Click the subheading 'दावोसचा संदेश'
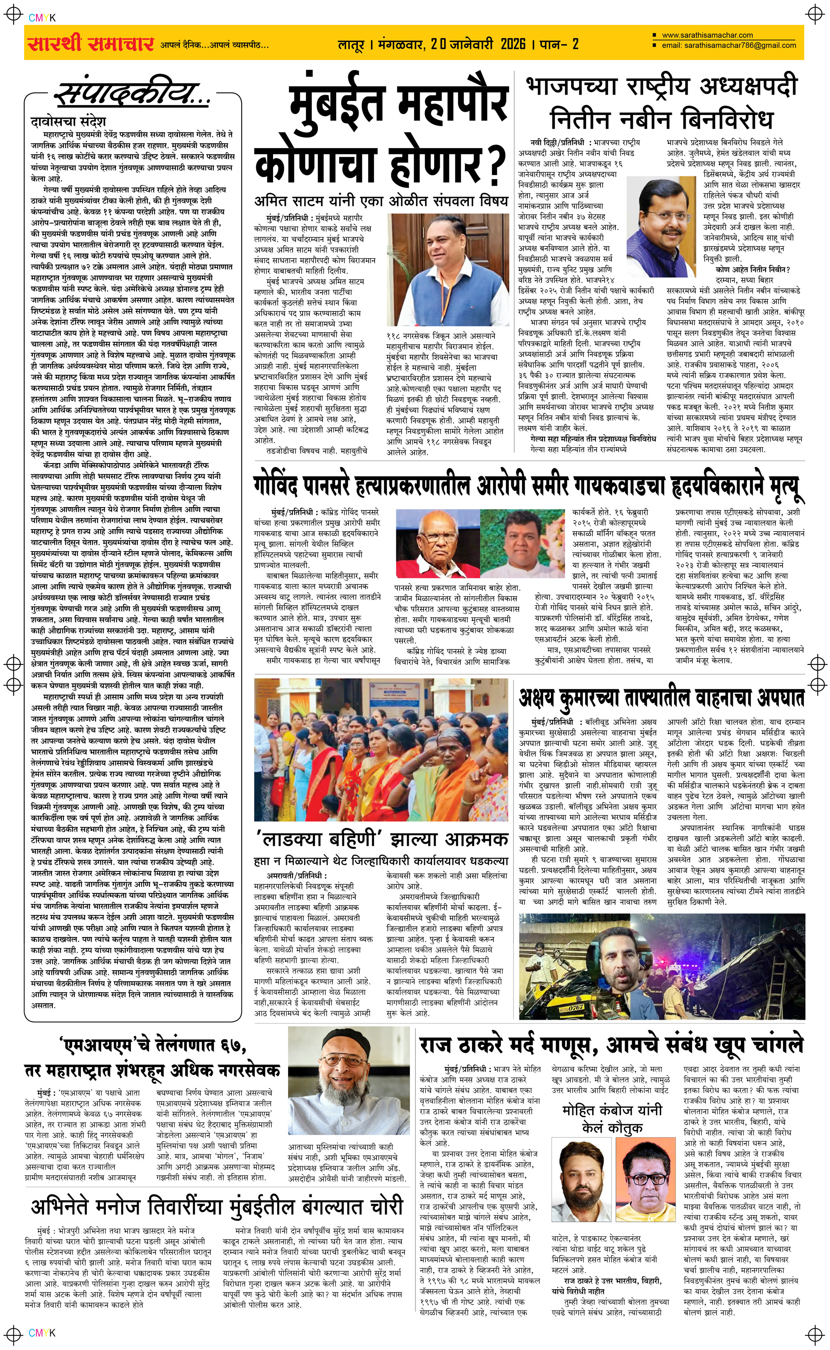click(x=68, y=121)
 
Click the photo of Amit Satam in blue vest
click(x=447, y=270)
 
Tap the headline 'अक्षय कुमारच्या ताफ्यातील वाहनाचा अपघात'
click(x=662, y=698)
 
